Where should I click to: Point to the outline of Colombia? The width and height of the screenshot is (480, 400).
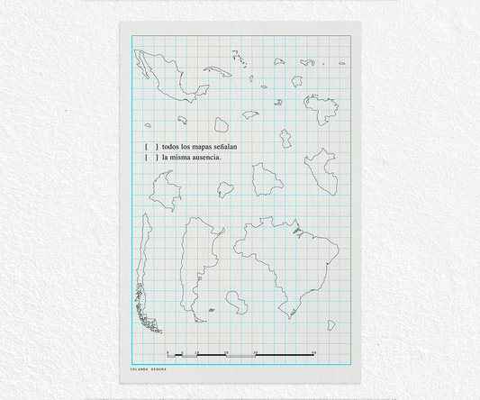[164, 192]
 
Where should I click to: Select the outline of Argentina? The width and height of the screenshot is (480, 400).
[195, 261]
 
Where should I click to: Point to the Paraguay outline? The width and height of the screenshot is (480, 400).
[238, 301]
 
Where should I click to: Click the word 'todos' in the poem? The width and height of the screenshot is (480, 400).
[171, 146]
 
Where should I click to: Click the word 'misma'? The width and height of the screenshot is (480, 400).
[182, 158]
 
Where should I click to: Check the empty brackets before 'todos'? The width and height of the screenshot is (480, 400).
[150, 146]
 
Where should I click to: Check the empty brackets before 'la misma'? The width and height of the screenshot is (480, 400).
[150, 158]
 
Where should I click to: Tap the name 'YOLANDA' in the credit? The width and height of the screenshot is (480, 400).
[140, 369]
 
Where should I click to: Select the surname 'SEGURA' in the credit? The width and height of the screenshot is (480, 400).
[159, 369]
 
